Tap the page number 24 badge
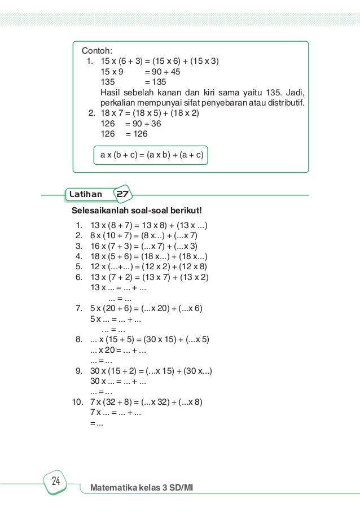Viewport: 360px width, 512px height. [x=56, y=482]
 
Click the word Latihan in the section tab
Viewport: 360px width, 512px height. [x=86, y=195]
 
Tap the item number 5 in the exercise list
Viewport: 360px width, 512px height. [x=79, y=266]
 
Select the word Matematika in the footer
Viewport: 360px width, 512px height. [x=112, y=487]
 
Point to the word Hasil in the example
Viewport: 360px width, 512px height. [x=111, y=93]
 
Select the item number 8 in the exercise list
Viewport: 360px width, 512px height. [x=79, y=339]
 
